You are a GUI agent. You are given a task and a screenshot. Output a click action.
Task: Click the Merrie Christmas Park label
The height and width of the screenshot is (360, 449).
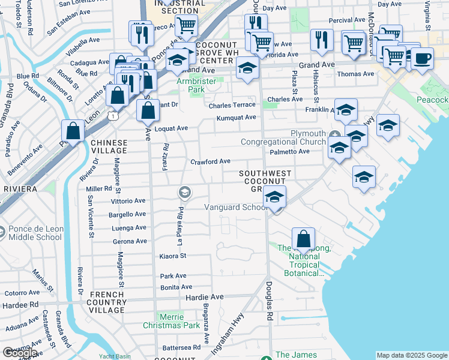pos(171,321)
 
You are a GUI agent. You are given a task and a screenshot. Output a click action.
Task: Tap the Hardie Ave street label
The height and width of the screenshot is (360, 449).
pos(204,297)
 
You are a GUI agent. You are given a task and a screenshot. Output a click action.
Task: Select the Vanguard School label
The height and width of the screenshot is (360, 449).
pos(236,208)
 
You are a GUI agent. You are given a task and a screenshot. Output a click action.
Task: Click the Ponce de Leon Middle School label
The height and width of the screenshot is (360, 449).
pos(35,233)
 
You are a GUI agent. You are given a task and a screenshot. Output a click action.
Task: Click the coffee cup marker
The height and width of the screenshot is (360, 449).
pos(422,59)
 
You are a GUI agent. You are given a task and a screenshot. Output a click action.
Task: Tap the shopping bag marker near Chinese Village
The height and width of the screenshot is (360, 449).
pos(73,131)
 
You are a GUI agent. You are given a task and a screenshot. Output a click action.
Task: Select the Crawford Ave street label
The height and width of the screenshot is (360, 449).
pos(210,161)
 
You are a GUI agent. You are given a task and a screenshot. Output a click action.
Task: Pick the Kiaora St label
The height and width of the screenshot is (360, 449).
pos(173,256)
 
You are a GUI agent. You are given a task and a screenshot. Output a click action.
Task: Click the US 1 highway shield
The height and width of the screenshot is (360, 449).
pos(113,116)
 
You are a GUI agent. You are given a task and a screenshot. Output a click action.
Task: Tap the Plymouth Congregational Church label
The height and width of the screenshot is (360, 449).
pos(283,137)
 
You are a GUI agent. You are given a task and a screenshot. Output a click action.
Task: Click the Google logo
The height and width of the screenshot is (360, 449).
pos(19,353)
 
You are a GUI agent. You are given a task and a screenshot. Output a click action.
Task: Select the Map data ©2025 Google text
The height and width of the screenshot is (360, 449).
pos(412,355)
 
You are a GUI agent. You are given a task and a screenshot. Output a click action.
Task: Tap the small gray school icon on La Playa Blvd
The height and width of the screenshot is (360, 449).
pos(184,193)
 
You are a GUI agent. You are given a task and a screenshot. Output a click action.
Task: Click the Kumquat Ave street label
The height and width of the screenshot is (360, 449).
pos(237,118)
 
